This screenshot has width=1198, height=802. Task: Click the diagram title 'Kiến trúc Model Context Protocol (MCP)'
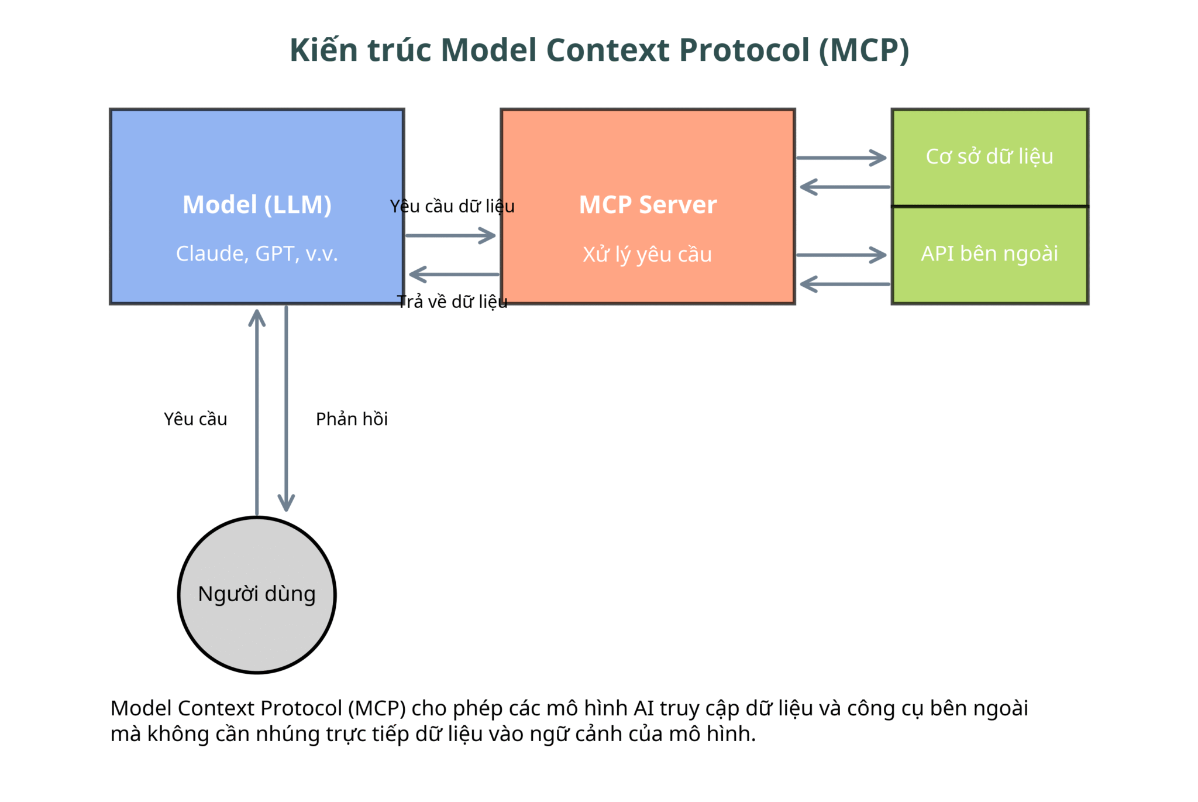pyautogui.click(x=599, y=50)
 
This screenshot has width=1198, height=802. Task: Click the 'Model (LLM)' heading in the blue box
pyautogui.click(x=257, y=205)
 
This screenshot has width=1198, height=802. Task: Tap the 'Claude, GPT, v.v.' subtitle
pyautogui.click(x=257, y=253)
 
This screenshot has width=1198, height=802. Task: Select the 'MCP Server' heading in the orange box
pyautogui.click(x=648, y=205)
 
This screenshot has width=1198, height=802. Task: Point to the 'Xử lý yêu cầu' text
pyautogui.click(x=648, y=254)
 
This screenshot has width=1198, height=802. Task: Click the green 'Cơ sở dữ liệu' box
pyautogui.click(x=990, y=157)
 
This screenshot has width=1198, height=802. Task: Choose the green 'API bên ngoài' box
pyautogui.click(x=990, y=255)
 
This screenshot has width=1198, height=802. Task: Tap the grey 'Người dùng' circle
pyautogui.click(x=257, y=595)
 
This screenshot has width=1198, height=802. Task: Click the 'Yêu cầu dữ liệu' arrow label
pyautogui.click(x=452, y=206)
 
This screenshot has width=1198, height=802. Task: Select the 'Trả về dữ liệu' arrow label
pyautogui.click(x=452, y=301)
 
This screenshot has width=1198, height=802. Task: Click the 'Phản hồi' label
pyautogui.click(x=352, y=419)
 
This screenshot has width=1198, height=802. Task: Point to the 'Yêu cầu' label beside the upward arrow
pyautogui.click(x=195, y=419)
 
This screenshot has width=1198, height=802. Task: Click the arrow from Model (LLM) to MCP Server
pyautogui.click(x=450, y=235)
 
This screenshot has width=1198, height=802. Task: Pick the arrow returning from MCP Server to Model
pyautogui.click(x=454, y=274)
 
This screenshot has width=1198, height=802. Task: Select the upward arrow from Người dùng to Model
pyautogui.click(x=257, y=413)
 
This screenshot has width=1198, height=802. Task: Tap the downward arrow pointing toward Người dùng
pyautogui.click(x=286, y=409)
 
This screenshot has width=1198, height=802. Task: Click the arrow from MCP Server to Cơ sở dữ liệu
pyautogui.click(x=842, y=157)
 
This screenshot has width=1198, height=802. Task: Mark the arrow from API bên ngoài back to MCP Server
pyautogui.click(x=845, y=284)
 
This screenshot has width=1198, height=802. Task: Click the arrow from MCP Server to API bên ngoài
pyautogui.click(x=842, y=255)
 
